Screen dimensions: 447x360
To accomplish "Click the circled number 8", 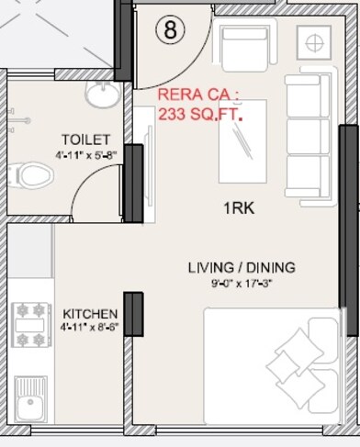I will (171, 29).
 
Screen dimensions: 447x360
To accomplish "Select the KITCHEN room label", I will (89, 313).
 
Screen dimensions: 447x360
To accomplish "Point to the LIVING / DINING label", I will (242, 267).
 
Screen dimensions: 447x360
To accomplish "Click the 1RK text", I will (239, 208).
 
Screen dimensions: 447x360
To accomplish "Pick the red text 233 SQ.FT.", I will (201, 115).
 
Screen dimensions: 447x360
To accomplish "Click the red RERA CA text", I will (198, 95).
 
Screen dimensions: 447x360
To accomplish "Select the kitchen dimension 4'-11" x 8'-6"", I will (89, 327).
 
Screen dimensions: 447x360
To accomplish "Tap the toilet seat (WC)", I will (33, 174).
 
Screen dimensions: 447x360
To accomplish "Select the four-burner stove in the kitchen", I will (31, 327).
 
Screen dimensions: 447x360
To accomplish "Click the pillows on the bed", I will (296, 366).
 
